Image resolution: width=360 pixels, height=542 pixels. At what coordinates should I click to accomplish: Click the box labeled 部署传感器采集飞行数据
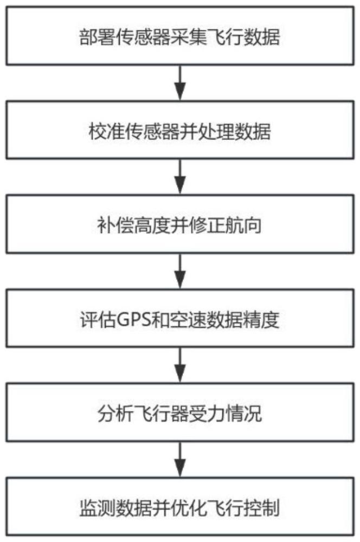pos(180,36)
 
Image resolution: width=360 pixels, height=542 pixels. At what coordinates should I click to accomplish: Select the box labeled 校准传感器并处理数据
pos(180,130)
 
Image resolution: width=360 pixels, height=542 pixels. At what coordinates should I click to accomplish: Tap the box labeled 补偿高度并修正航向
pos(180,224)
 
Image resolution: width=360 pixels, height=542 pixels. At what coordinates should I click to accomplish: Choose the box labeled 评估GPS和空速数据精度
pos(180,318)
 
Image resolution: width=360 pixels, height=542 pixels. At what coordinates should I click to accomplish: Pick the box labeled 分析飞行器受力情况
pos(180,412)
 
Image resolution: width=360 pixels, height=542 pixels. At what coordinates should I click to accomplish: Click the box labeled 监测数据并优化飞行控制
pos(180,506)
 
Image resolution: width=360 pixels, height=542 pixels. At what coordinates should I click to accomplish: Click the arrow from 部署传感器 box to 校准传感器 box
pos(180,83)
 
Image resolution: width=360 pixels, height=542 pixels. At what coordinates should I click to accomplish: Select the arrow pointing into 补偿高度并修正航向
pos(180,177)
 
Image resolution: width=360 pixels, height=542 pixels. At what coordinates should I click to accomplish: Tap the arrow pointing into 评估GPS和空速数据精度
pos(180,271)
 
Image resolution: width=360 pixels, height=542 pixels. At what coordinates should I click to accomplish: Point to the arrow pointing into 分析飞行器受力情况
pos(180,365)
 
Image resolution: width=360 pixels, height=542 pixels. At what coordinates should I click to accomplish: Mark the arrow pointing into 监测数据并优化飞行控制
pos(180,460)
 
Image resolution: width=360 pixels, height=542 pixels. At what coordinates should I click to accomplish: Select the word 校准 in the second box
pos(106,132)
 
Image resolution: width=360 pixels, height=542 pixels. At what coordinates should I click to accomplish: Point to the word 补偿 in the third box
pos(115,225)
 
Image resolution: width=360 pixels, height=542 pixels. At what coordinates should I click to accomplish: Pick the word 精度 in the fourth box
pos(262,320)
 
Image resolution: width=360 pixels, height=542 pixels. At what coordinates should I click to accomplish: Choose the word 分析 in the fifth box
pos(115,414)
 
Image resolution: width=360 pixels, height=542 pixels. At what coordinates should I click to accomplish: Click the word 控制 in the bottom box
pos(262,508)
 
